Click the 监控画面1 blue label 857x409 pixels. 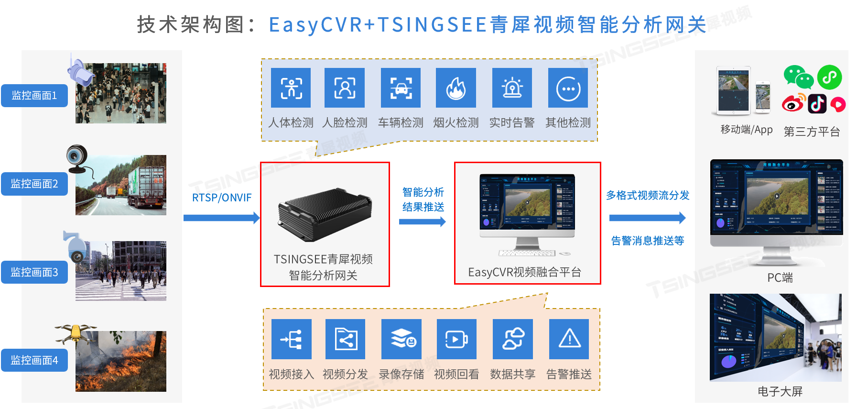[x=34, y=96]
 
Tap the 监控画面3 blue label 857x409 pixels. [x=34, y=272]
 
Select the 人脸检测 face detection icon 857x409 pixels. [x=345, y=88]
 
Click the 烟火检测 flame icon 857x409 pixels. [x=456, y=88]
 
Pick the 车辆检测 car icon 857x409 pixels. [x=401, y=88]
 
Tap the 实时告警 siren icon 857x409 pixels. [x=512, y=88]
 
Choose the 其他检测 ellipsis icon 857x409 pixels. [x=568, y=88]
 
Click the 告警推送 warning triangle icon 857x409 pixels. [x=569, y=339]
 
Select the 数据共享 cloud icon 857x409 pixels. [x=513, y=339]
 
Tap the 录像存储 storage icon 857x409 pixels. [x=401, y=339]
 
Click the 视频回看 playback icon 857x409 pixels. [x=456, y=339]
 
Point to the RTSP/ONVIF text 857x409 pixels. [x=222, y=198]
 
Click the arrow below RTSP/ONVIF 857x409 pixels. [x=221, y=218]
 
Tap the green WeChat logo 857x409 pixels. [x=798, y=77]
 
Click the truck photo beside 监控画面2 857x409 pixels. [x=121, y=185]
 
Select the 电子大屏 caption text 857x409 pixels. [x=780, y=392]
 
